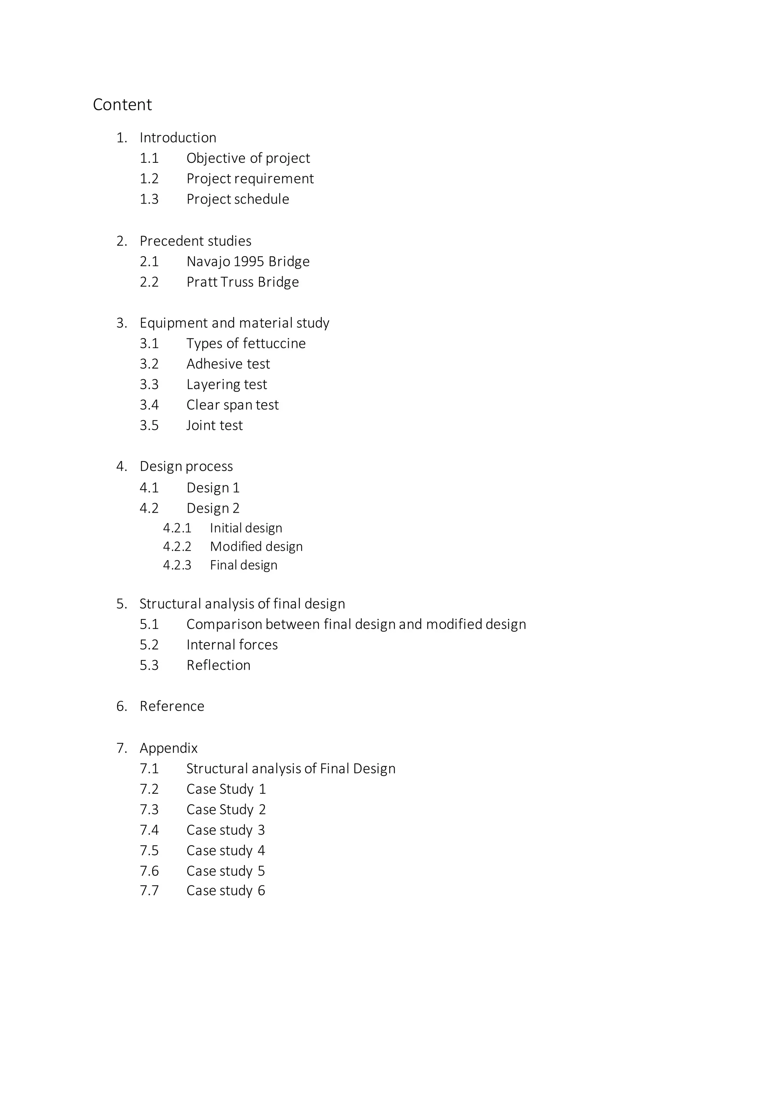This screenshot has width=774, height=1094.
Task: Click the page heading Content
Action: pos(122,104)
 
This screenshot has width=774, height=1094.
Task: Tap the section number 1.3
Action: pos(149,199)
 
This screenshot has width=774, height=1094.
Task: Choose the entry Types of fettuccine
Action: pos(246,343)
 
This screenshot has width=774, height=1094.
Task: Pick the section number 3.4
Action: pos(149,405)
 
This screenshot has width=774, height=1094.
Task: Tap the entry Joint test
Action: pos(214,425)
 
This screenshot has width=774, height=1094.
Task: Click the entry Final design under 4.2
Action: pos(243,565)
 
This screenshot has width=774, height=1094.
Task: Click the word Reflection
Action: pos(218,665)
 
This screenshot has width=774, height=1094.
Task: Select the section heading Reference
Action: pos(172,706)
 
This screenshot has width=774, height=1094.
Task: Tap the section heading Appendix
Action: pos(168,748)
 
